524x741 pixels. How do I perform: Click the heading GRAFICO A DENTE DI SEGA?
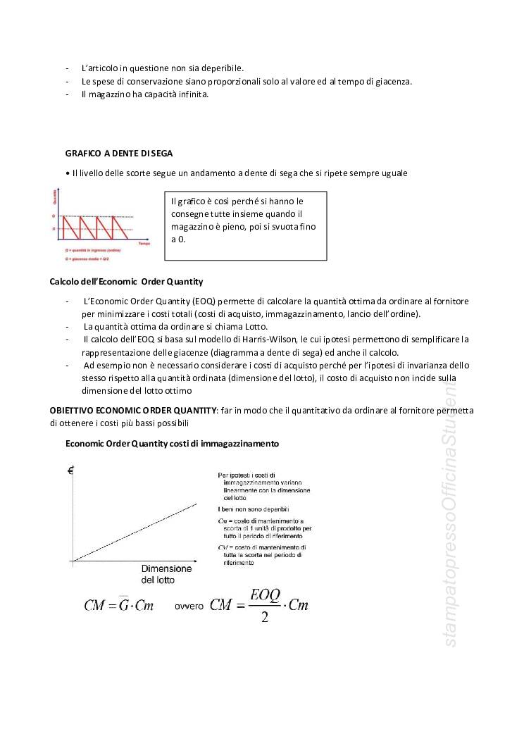tap(119, 153)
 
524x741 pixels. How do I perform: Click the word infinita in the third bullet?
tap(193, 94)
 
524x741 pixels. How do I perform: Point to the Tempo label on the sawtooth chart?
tap(144, 243)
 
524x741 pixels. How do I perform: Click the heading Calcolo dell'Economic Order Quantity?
tap(126, 282)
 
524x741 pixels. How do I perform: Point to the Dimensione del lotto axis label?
tap(166, 574)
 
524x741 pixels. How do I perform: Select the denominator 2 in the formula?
tap(265, 618)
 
